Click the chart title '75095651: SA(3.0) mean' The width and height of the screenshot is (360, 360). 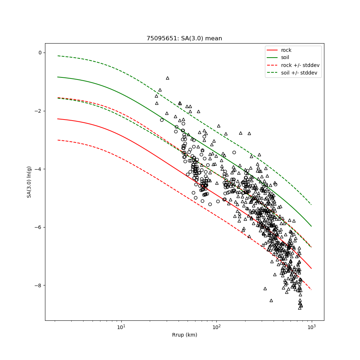coord(184,39)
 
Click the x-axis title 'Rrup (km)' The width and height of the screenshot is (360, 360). coord(184,335)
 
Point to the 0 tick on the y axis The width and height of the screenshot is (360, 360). coord(40,53)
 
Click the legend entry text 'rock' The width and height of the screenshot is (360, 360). coord(286,50)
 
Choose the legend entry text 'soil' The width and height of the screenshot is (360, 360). coord(285,58)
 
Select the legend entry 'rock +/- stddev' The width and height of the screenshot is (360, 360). coord(300,65)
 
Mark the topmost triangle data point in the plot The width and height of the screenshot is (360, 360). coord(167,78)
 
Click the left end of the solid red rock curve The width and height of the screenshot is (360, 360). coord(58,119)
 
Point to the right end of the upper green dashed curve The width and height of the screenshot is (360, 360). coord(311,205)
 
